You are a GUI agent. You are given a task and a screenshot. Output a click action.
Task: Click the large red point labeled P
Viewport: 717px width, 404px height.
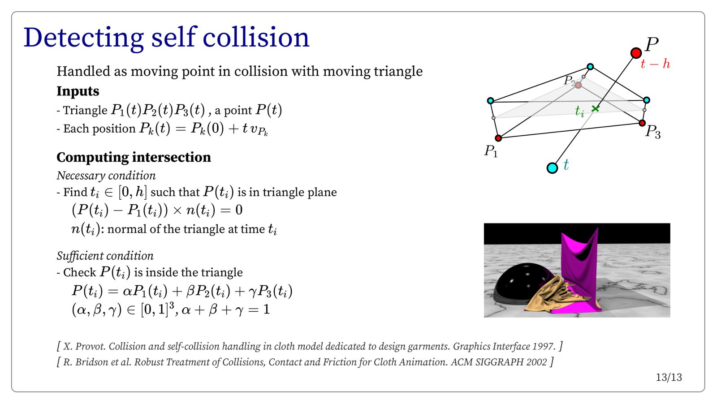(636, 53)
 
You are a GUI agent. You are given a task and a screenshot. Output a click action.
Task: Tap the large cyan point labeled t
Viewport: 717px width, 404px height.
(552, 168)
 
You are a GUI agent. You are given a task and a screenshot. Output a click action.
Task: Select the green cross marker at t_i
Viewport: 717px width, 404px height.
(596, 108)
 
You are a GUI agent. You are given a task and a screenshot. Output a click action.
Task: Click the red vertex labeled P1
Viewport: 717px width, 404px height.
(498, 138)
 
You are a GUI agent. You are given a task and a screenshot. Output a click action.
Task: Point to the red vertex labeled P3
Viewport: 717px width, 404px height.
(642, 123)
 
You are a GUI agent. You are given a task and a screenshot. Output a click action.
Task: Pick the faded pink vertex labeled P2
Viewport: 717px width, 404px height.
(578, 85)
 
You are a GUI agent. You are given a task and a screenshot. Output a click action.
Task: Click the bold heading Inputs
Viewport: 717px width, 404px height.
(78, 91)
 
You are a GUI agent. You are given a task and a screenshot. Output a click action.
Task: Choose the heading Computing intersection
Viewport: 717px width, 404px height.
(134, 157)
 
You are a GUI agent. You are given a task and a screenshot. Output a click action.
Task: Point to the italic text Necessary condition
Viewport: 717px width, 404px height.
(106, 176)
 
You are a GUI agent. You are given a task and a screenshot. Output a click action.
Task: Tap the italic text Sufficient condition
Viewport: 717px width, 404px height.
(105, 256)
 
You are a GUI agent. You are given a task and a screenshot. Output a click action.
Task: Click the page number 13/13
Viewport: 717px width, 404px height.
(669, 378)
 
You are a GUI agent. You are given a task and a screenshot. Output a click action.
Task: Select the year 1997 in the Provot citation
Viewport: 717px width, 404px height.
(544, 346)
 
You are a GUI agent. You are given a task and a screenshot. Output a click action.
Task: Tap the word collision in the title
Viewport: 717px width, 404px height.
(256, 38)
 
